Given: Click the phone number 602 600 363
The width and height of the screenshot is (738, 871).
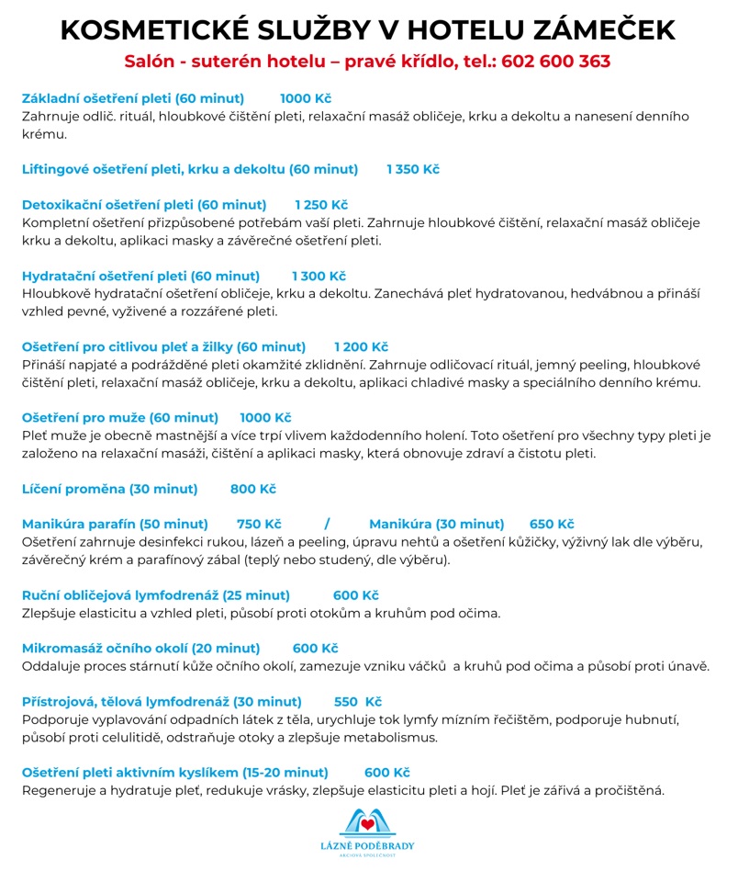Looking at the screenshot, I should (556, 62).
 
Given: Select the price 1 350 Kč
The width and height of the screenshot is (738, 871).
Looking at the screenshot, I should (413, 169).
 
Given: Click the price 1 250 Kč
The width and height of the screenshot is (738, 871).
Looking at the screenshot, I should (321, 205).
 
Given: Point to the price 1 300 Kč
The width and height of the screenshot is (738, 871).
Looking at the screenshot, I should (319, 276).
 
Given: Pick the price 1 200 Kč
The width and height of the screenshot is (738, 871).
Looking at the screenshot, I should (361, 346).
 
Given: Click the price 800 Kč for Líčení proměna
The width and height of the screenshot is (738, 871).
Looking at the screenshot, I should (253, 489).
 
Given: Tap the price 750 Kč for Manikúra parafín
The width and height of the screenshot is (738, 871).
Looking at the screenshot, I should (259, 524).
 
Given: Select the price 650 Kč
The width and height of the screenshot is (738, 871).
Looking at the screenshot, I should (552, 524).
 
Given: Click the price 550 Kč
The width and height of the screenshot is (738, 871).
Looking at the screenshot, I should (358, 701).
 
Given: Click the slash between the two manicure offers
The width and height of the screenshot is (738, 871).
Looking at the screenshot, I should (327, 524).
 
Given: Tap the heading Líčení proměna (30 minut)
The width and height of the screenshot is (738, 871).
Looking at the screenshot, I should (109, 489).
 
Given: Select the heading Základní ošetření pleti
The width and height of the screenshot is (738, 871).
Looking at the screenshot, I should (133, 98).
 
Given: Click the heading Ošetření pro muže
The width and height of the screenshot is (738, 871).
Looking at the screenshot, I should (120, 418).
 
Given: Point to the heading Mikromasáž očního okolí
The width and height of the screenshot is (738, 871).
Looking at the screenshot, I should (140, 648).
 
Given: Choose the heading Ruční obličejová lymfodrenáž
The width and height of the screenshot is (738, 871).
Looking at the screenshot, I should (156, 595).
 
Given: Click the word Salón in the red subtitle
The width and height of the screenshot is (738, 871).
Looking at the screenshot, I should (150, 62).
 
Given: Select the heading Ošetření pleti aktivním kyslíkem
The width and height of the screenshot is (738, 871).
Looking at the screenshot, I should (174, 772).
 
